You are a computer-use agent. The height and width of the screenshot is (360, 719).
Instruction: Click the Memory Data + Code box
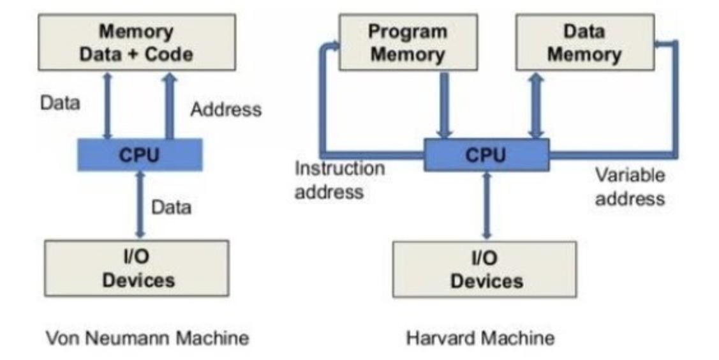[x=137, y=42]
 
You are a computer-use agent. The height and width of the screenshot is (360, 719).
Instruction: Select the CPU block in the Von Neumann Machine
[x=140, y=154]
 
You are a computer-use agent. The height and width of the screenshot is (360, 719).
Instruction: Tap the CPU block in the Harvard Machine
[x=486, y=154]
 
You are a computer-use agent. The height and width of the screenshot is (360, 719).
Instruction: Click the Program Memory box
[x=408, y=42]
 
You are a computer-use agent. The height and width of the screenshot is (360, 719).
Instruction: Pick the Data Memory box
[x=584, y=42]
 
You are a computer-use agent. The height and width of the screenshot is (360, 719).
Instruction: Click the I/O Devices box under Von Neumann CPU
[x=137, y=268]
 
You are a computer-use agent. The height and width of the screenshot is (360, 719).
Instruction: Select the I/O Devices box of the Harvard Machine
[x=484, y=269]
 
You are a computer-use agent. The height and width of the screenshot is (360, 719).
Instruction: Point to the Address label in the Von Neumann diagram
[x=226, y=109]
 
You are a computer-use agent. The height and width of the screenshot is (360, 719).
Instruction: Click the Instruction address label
[x=339, y=180]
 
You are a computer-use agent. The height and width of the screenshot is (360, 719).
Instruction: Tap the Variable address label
[x=630, y=186]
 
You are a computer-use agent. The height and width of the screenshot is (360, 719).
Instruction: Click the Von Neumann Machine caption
[x=147, y=337]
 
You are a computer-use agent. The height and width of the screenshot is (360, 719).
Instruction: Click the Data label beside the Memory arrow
[x=61, y=103]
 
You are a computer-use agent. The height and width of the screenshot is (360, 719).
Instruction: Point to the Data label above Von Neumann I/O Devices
[x=170, y=207]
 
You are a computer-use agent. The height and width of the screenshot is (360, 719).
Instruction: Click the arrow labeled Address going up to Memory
[x=169, y=105]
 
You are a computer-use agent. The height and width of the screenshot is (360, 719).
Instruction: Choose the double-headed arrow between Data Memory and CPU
[x=536, y=105]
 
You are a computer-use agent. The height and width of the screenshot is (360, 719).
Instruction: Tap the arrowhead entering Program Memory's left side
[x=332, y=45]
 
